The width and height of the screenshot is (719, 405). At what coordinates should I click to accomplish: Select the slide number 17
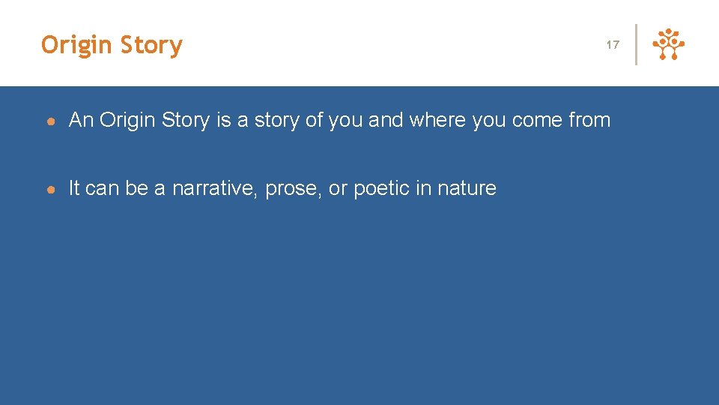tap(613, 45)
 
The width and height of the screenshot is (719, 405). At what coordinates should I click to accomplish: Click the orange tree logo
tap(669, 45)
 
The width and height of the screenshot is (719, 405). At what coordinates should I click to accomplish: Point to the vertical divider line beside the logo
tap(636, 45)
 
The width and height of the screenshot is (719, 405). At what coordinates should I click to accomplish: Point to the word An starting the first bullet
tap(82, 120)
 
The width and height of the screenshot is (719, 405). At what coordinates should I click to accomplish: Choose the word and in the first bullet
tap(386, 120)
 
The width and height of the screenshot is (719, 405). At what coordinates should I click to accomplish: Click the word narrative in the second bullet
tap(214, 188)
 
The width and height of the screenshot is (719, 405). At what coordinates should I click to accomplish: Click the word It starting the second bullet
tap(74, 188)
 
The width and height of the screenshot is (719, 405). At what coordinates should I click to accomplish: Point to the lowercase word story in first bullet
tap(273, 120)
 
